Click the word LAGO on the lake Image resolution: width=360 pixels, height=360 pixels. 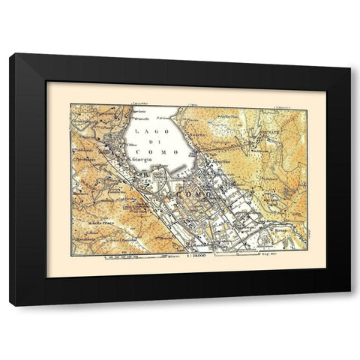(146, 131)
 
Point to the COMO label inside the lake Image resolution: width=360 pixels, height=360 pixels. (164, 151)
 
